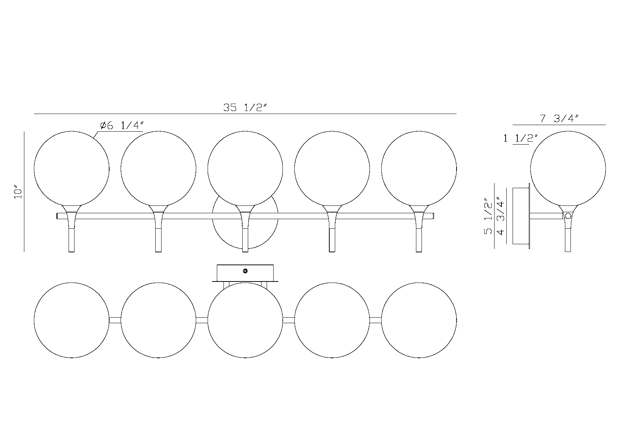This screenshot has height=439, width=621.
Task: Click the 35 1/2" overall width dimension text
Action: click(244, 108)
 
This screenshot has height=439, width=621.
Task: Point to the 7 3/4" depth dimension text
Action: click(559, 119)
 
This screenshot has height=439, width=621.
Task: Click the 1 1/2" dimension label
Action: click(521, 139)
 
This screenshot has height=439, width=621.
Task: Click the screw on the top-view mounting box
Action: click(246, 271)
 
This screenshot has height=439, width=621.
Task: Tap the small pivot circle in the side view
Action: click(568, 216)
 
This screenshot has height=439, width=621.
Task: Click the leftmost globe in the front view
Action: click(72, 168)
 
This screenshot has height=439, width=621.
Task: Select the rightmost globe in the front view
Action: click(419, 168)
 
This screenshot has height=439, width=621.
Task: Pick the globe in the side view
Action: click(568, 168)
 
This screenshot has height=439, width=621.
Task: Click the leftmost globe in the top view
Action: click(72, 320)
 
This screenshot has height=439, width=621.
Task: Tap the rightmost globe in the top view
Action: click(419, 320)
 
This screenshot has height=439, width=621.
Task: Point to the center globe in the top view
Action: click(245, 320)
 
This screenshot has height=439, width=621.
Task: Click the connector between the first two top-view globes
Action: click(115, 320)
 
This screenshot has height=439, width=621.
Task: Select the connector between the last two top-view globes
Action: click(375, 320)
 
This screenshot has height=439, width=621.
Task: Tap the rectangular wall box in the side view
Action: click(521, 216)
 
